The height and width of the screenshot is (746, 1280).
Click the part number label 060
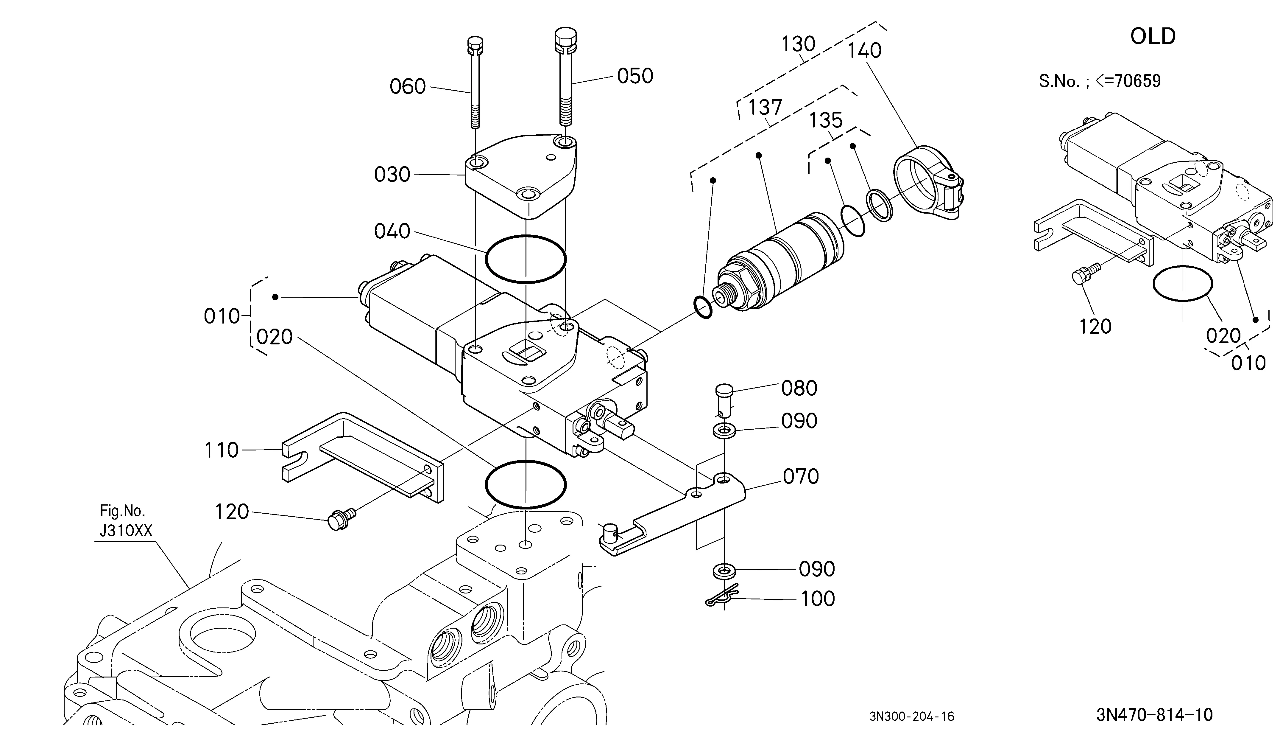tap(407, 86)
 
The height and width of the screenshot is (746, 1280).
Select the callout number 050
tap(635, 76)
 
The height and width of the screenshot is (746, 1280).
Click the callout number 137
tap(765, 107)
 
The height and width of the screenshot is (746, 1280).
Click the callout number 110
tap(221, 450)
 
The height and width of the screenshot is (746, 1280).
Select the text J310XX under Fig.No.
tap(126, 531)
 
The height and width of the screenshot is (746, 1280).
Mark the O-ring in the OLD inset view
tap(1154, 285)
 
